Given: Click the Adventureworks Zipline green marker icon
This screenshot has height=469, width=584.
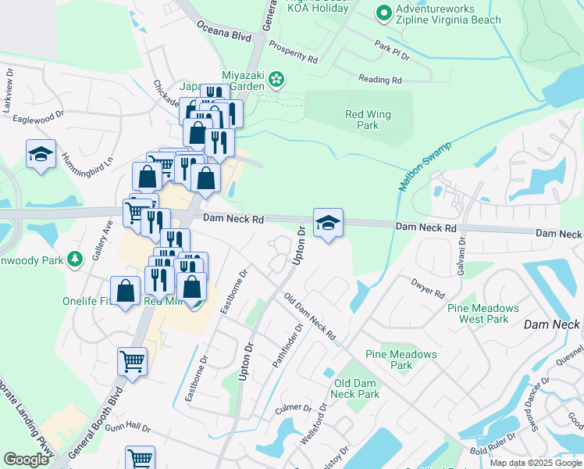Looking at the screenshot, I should coord(383,13).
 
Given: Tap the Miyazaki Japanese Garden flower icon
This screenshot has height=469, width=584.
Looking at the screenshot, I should coord(276,78).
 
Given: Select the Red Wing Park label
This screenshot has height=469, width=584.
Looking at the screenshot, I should coord(367,120).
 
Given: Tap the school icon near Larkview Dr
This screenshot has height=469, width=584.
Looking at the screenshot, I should coord(41,154).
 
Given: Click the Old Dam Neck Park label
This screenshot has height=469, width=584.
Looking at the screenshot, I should coord(356,388).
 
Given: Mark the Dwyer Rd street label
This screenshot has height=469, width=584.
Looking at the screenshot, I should coord(429,289).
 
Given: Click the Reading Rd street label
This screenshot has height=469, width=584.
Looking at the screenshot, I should coord(379,80).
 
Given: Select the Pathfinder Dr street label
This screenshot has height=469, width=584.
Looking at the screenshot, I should coord(288,345).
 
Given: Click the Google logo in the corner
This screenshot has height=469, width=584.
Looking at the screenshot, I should coord(26,460).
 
